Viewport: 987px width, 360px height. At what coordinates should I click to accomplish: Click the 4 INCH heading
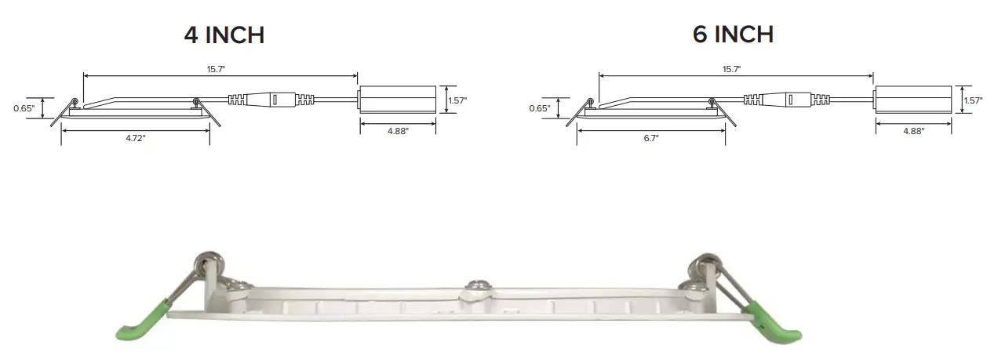point(224,35)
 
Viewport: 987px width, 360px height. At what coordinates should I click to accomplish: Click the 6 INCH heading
point(733,35)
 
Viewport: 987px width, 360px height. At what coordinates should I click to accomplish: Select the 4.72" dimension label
point(135,137)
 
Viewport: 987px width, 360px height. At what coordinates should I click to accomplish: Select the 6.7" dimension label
point(650,137)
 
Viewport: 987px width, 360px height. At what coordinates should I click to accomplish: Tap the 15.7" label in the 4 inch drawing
point(217,69)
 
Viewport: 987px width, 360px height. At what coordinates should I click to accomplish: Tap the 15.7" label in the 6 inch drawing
point(731,69)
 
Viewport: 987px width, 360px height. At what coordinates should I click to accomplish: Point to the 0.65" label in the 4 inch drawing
point(24,108)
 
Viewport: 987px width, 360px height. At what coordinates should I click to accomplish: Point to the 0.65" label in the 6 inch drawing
point(539,108)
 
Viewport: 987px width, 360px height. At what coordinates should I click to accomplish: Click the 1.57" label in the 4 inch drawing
point(457,100)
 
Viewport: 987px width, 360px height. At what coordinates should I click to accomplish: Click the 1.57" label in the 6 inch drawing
point(973,100)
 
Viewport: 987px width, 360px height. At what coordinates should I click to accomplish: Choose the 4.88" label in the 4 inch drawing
point(398,131)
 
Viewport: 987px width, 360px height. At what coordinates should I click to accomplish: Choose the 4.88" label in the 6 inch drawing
point(913,131)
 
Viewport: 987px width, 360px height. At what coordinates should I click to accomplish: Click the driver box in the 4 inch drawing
point(397,100)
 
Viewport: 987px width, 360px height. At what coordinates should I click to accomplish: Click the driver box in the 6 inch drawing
point(912,100)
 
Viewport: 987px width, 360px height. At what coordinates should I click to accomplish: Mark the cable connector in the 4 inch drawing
point(272,100)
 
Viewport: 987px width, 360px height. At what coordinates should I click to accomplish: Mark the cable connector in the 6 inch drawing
point(788,100)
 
